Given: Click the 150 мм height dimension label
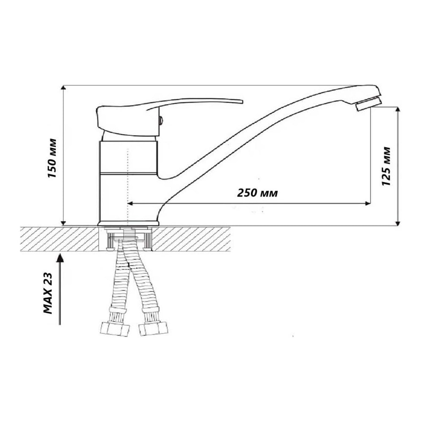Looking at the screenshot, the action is (52, 158).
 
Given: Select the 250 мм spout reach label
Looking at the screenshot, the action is (257, 193).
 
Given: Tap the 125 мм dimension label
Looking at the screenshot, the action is (386, 166).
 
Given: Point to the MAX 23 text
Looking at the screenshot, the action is (48, 293).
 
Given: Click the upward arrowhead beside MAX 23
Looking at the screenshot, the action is (60, 258).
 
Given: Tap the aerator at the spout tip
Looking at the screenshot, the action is (368, 104).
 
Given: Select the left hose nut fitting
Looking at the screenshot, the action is (115, 330).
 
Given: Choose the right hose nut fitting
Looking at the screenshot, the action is (153, 330).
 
